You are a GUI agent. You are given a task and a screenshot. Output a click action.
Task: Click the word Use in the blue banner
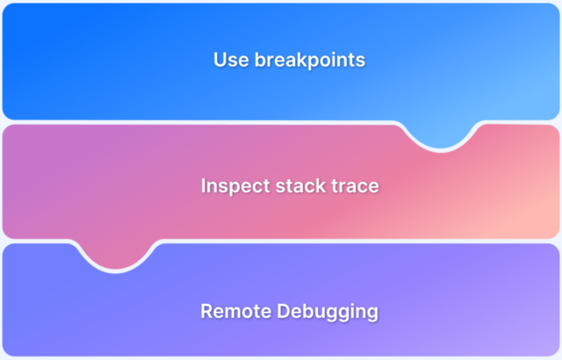pos(229,61)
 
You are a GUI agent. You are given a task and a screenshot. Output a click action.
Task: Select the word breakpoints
pos(305,61)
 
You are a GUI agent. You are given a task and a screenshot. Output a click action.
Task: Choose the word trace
pos(357,186)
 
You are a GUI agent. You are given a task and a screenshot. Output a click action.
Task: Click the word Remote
pos(231,311)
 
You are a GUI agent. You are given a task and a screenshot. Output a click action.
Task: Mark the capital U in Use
pos(220,61)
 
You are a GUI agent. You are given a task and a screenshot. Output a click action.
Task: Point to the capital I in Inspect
pos(204,186)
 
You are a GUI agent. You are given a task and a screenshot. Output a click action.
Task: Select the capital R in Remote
pos(206,311)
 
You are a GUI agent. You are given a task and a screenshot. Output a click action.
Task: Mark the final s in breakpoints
pos(361,61)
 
